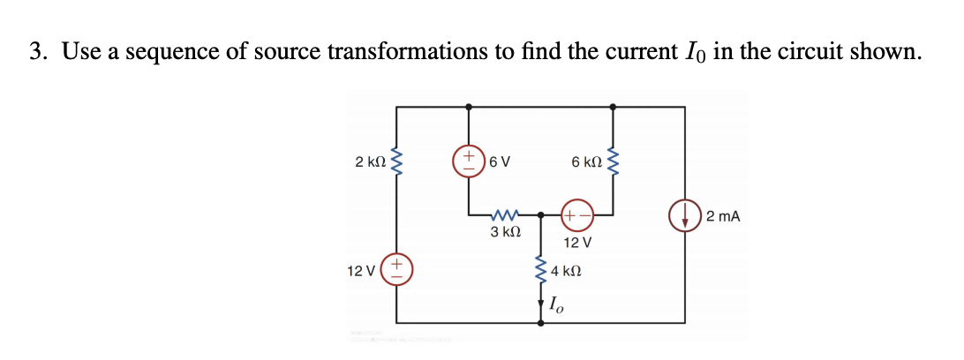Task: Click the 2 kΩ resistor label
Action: pos(370,162)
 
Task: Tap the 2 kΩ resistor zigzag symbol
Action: pos(396,163)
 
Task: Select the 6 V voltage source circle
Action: pos(468,162)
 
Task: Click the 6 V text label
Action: pos(500,162)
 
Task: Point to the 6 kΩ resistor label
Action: pos(586,162)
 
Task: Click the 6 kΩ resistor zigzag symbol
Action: pos(612,163)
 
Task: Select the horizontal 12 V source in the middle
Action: pos(576,214)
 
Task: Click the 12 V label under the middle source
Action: pos(576,241)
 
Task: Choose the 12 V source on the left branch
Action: pos(396,266)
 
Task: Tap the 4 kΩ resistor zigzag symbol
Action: pos(540,272)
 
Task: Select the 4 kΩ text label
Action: pos(566,271)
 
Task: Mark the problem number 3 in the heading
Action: pos(34,52)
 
